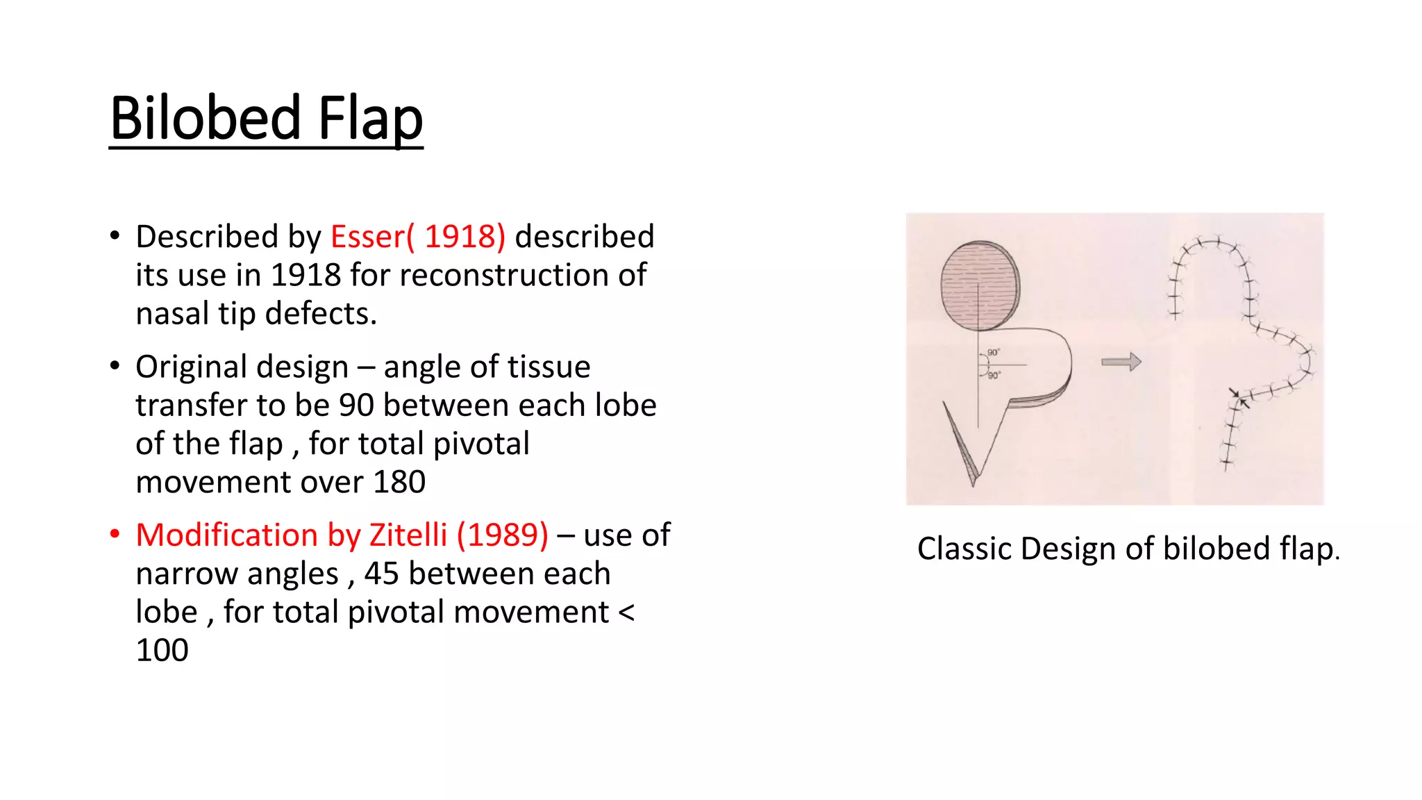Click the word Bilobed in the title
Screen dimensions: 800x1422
[x=206, y=118]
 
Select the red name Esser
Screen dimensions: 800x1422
[x=367, y=237]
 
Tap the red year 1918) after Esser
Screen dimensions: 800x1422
[x=465, y=237]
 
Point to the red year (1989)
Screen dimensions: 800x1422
[x=502, y=535]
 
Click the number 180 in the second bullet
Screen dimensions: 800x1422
[x=399, y=482]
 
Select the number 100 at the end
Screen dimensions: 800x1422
[x=162, y=651]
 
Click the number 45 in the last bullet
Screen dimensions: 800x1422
[x=381, y=574]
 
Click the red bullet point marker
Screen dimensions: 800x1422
[x=115, y=534]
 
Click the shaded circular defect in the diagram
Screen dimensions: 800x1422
[x=980, y=285]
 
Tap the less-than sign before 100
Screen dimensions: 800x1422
[x=626, y=612]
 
